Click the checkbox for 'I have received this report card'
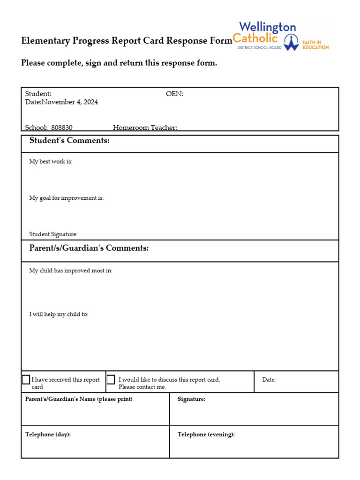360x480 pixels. (x=26, y=380)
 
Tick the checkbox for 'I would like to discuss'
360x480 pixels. (x=111, y=380)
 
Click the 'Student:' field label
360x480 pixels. (x=38, y=94)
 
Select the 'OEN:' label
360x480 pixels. (x=175, y=94)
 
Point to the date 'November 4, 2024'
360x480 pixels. (x=70, y=102)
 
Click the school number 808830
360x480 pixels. (x=61, y=127)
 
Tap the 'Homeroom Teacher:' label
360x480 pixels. (x=145, y=127)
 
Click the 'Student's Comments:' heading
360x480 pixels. (x=69, y=141)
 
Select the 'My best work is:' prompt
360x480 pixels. (x=51, y=162)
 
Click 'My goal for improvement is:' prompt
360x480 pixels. (x=66, y=198)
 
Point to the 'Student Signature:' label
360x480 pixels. (x=53, y=234)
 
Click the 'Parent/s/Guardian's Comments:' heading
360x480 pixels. (x=89, y=248)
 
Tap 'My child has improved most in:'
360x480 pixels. (x=71, y=271)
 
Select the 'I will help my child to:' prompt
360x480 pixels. (x=59, y=315)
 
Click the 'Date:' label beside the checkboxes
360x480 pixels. (x=269, y=380)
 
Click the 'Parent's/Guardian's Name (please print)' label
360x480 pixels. (x=79, y=399)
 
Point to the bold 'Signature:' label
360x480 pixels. (x=191, y=399)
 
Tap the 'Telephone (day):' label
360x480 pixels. (x=48, y=435)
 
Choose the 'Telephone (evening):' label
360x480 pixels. (x=206, y=435)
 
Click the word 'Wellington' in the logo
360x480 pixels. (x=267, y=27)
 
